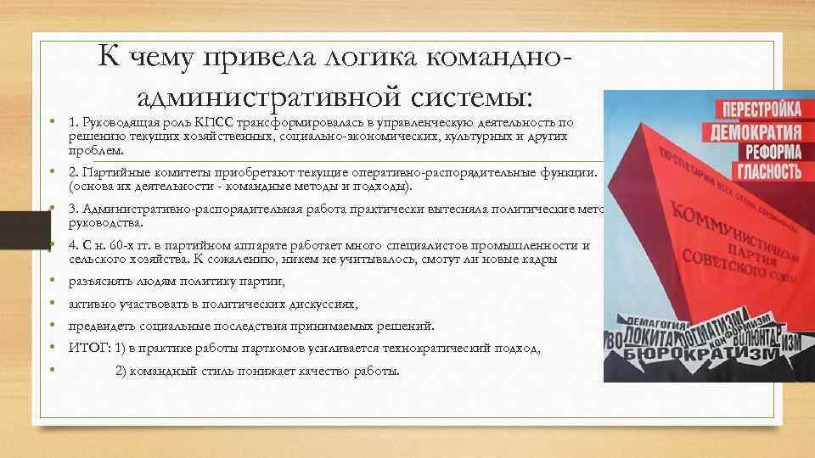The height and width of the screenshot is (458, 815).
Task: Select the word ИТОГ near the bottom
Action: (86, 348)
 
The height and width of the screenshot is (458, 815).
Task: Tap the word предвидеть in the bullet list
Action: (100, 326)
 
